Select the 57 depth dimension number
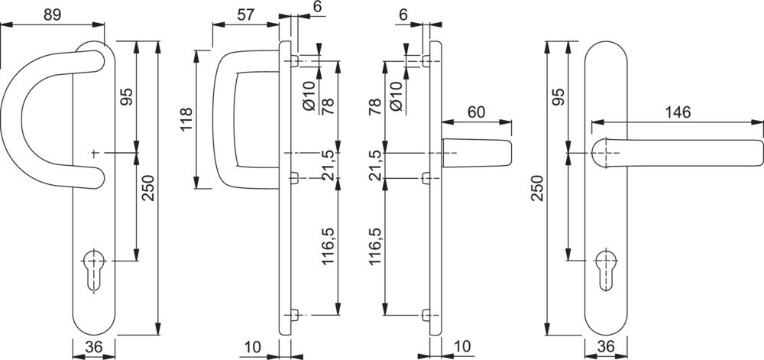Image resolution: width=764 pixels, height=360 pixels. tap(245, 14)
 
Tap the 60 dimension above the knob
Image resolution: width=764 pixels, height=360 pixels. tap(476, 112)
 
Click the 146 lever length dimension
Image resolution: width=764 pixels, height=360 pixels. tap(677, 112)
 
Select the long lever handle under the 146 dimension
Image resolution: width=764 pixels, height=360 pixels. tap(680, 151)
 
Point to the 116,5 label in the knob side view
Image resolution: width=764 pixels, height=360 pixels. tap(375, 245)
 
